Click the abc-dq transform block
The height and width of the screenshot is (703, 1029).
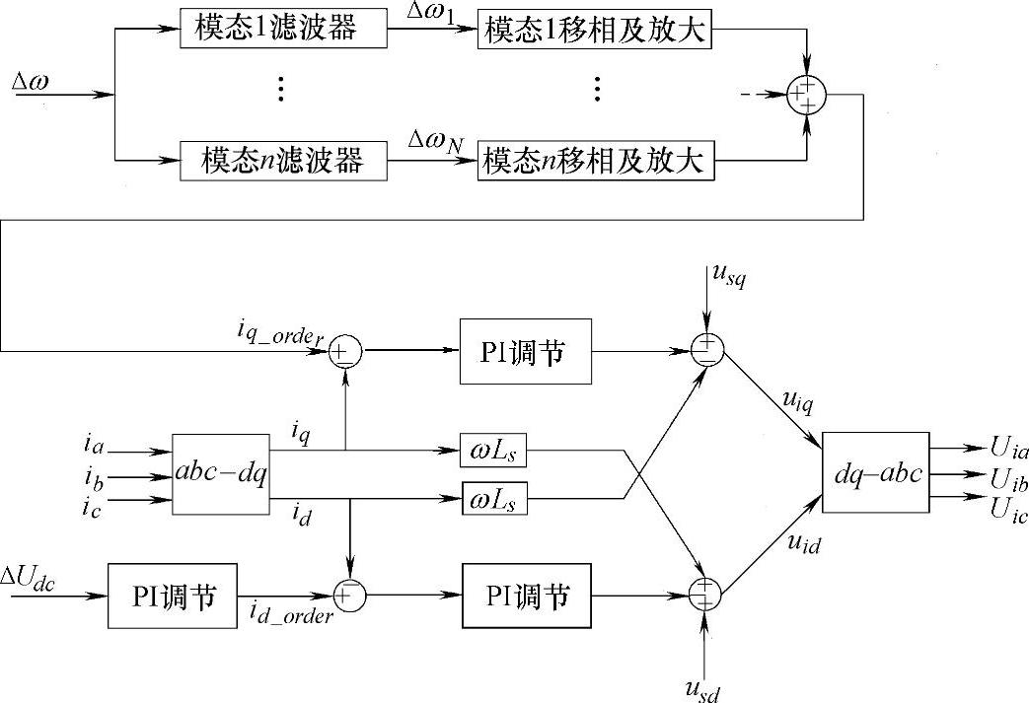(220, 474)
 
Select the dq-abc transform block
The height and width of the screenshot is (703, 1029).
(874, 472)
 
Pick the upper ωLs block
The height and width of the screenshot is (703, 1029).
(493, 452)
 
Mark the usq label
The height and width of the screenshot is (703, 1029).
(727, 279)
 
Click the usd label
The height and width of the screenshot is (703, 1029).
(704, 686)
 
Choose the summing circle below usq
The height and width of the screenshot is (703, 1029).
(706, 350)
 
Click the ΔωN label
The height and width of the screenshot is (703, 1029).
(435, 143)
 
